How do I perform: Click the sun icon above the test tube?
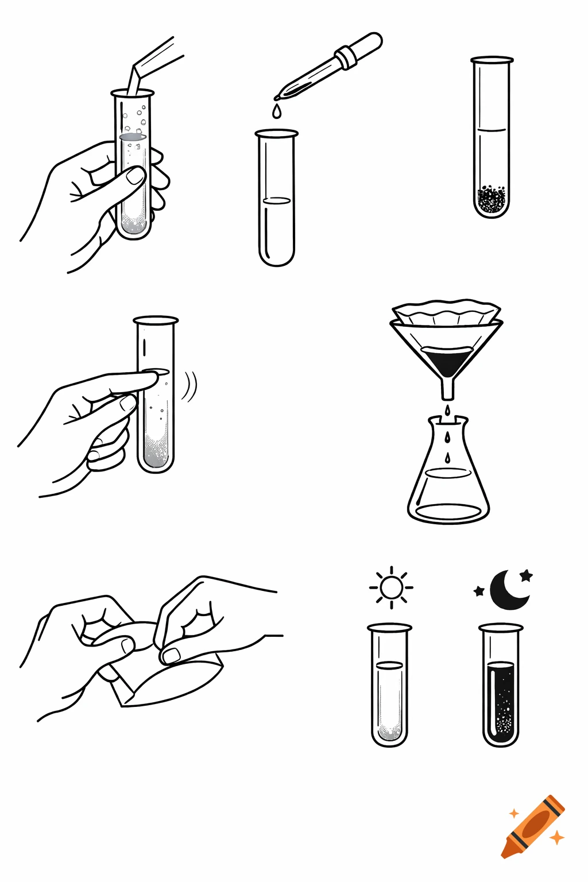[x=391, y=587]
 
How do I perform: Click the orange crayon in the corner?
[x=533, y=826]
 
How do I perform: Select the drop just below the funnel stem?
[x=447, y=410]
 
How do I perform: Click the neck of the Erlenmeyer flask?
[x=447, y=431]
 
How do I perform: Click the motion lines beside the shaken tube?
[x=189, y=386]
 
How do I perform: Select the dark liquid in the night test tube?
[x=501, y=701]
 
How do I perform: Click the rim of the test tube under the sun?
[x=389, y=627]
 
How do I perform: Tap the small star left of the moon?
[x=479, y=591]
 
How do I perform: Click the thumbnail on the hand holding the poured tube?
[x=136, y=176]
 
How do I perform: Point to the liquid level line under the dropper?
[x=277, y=201]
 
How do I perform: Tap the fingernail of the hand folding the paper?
[x=171, y=655]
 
